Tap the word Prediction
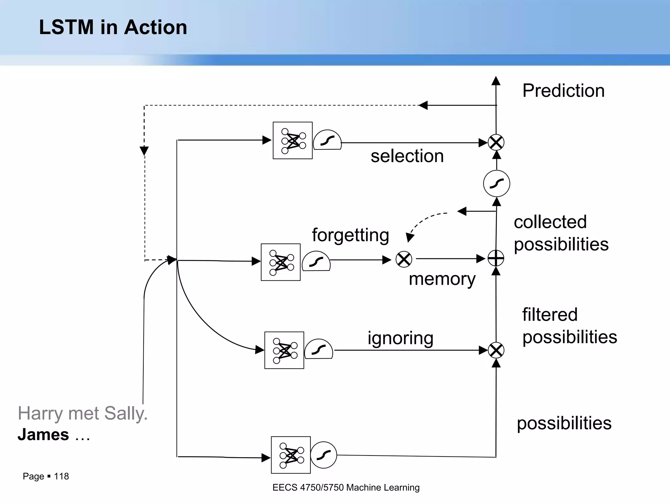pyautogui.click(x=563, y=91)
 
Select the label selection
pyautogui.click(x=407, y=156)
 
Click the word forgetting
pyautogui.click(x=350, y=235)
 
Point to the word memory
pyautogui.click(x=442, y=279)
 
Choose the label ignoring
pyautogui.click(x=400, y=338)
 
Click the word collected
pyautogui.click(x=550, y=222)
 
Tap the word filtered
pyautogui.click(x=550, y=315)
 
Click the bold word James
pyautogui.click(x=43, y=435)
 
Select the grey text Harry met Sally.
pyautogui.click(x=82, y=413)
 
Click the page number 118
pyautogui.click(x=61, y=476)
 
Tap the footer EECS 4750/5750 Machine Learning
pyautogui.click(x=346, y=488)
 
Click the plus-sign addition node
pyautogui.click(x=496, y=258)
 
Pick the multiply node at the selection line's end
pyautogui.click(x=496, y=142)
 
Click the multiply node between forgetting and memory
pyautogui.click(x=404, y=259)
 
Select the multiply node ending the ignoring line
pyautogui.click(x=496, y=350)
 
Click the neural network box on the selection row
pyautogui.click(x=292, y=140)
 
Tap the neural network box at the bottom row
pyautogui.click(x=291, y=455)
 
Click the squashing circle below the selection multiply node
pyautogui.click(x=496, y=183)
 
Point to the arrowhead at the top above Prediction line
pyautogui.click(x=496, y=81)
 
